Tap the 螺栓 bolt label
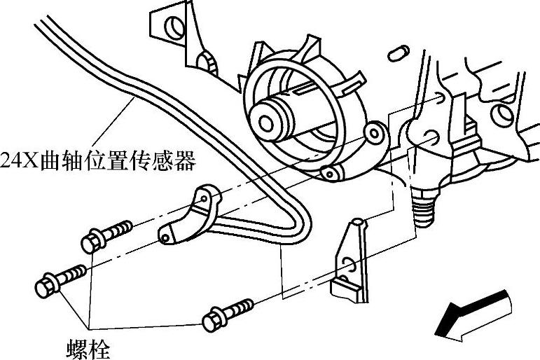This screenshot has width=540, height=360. tap(85, 348)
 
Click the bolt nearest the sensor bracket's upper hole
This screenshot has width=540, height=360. tap(92, 242)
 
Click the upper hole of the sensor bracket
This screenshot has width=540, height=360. tap(203, 200)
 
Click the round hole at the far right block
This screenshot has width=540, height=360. tap(502, 114)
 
